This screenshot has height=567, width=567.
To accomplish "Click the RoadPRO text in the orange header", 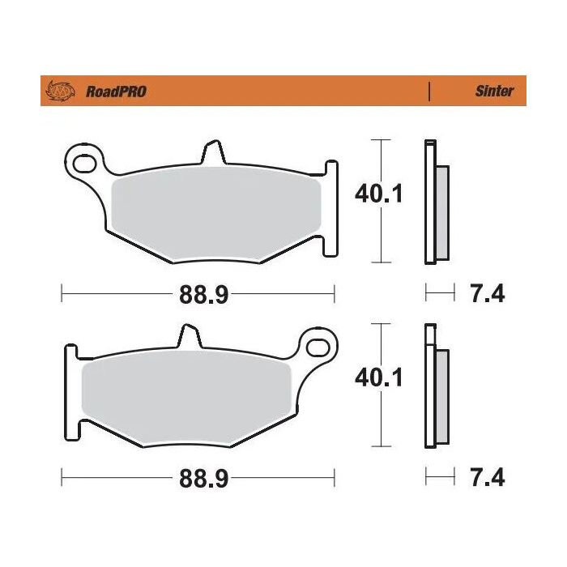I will tap(116, 92).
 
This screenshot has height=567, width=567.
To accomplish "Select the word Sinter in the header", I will tap(493, 92).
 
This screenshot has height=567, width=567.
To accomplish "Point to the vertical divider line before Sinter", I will tap(428, 91).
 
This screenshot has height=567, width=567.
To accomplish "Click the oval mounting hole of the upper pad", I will tap(83, 164).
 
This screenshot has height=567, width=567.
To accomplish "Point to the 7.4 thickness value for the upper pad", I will tap(487, 295).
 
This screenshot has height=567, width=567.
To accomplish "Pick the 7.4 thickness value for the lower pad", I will tap(487, 478).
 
